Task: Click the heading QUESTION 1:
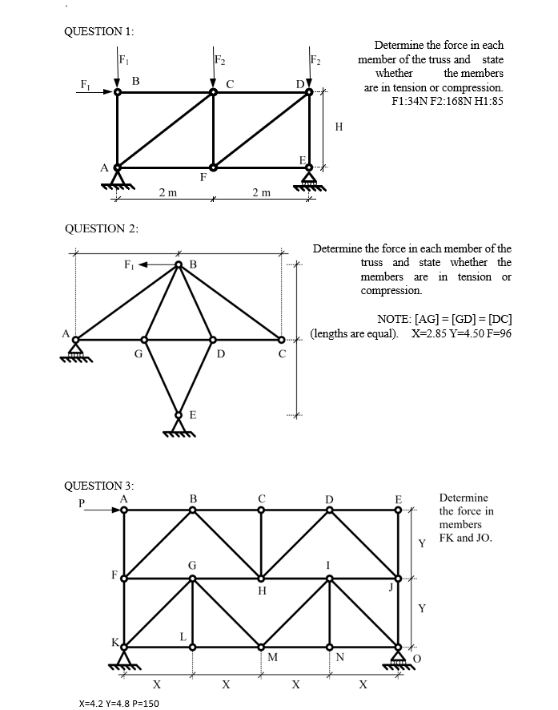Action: coord(98,31)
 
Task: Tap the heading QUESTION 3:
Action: coord(98,486)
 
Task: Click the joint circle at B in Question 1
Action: coord(118,92)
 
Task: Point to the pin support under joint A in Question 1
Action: coord(118,178)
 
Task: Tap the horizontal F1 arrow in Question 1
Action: coord(102,92)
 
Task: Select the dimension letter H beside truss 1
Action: coord(339,127)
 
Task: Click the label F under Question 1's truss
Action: coord(203,178)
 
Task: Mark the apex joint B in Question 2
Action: coord(179,266)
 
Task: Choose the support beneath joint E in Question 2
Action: coord(179,425)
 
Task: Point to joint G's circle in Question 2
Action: coord(145,339)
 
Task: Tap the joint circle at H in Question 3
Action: coord(261,578)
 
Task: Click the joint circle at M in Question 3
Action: coord(261,646)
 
